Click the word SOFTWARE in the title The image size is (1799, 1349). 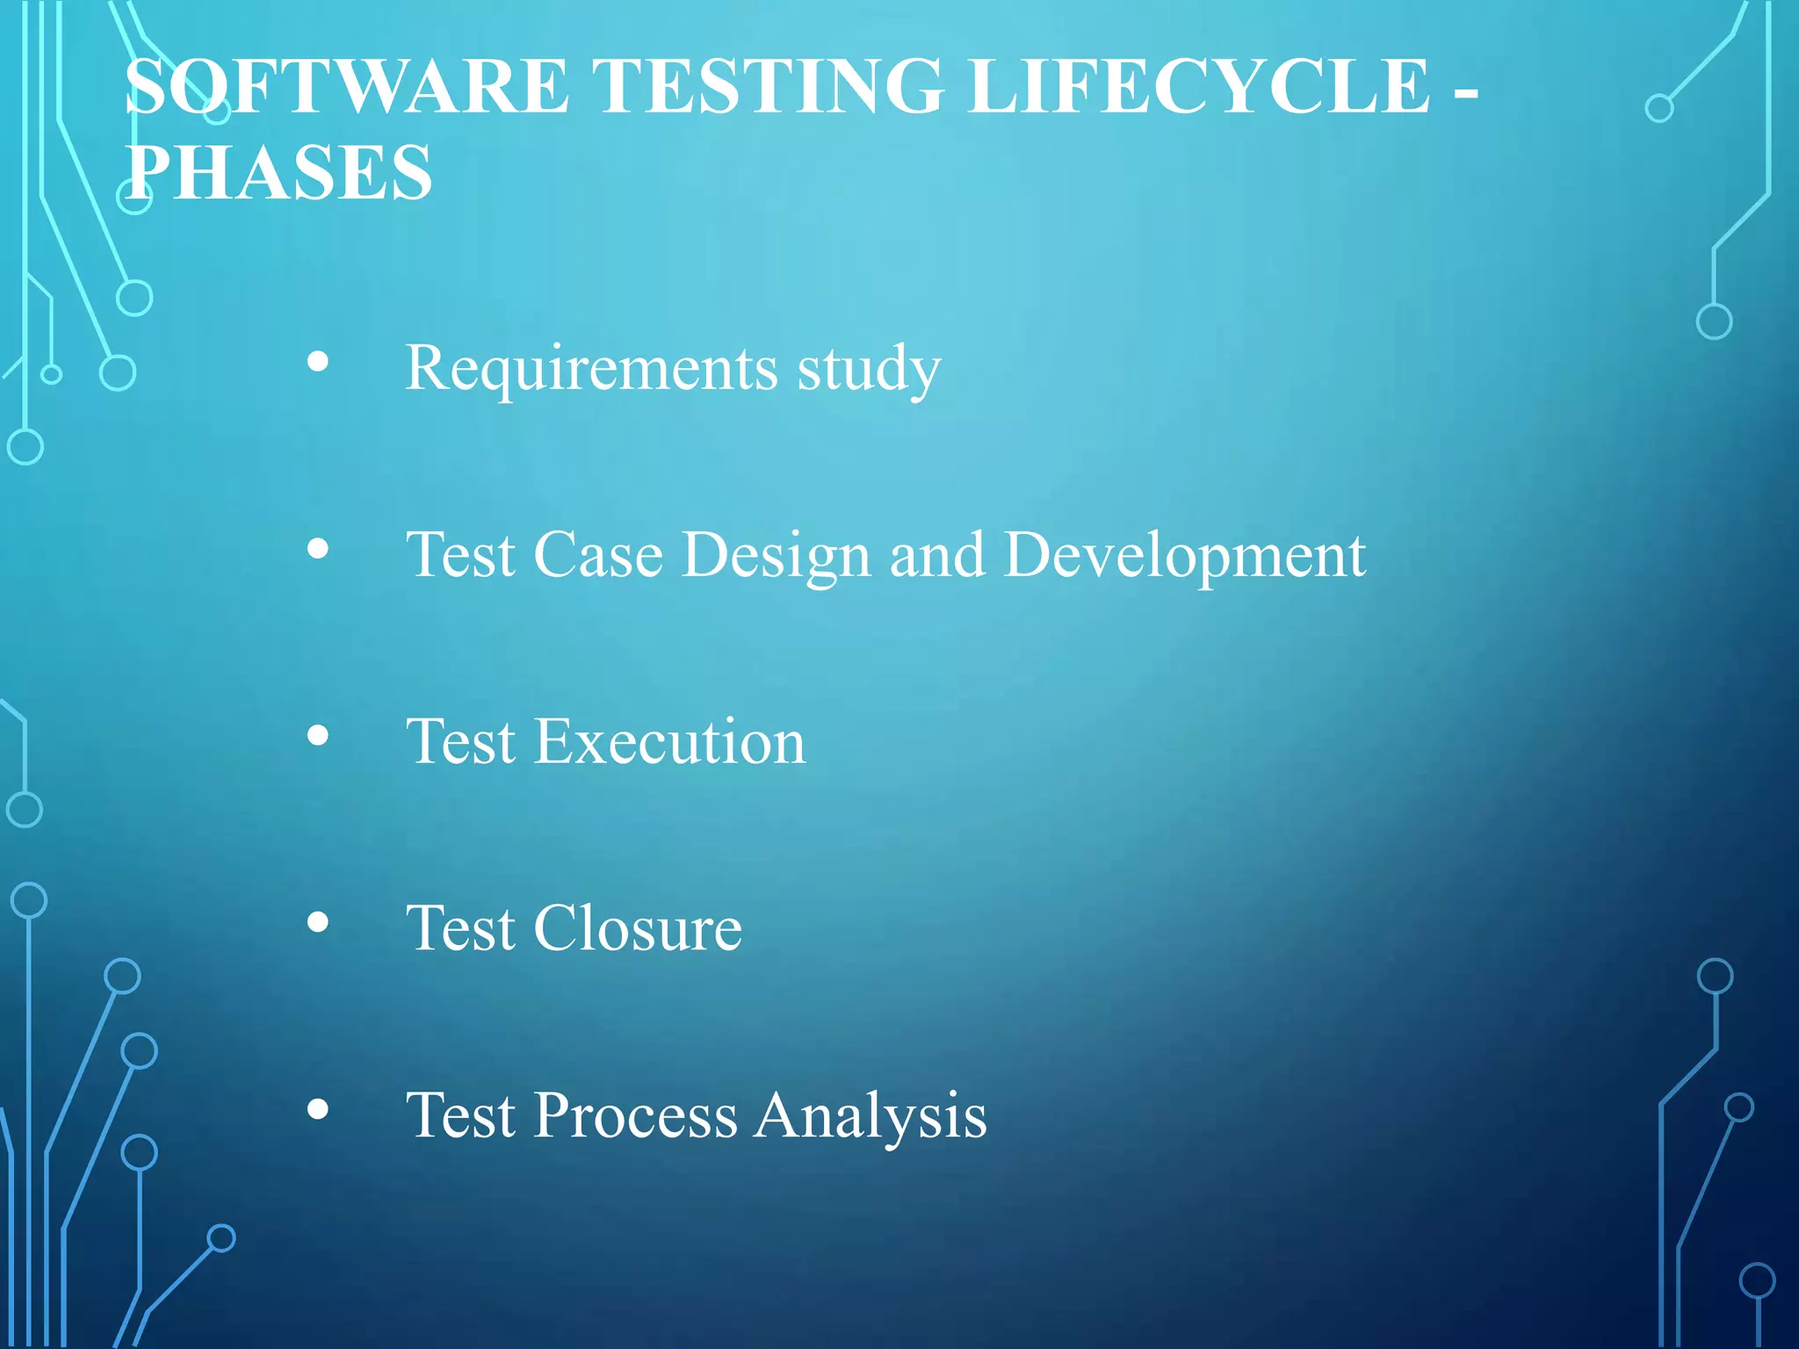pos(347,86)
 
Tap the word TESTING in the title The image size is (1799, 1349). pos(769,86)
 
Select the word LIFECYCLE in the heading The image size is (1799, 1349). pos(1200,86)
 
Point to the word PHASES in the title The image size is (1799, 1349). pos(279,172)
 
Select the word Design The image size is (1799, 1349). pos(776,556)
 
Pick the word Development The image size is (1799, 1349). pos(1185,556)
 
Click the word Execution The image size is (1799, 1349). pos(669,742)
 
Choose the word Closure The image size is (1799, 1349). pos(638,928)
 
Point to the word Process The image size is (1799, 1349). pos(636,1115)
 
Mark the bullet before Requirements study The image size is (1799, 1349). pos(318,362)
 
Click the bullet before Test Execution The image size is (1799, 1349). pos(318,736)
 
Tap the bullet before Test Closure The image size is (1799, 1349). pos(318,922)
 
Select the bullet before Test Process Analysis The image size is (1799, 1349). pos(318,1109)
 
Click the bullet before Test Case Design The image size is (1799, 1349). pos(318,550)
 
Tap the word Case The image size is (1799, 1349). pos(597,556)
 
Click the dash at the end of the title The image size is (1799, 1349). pos(1465,91)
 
